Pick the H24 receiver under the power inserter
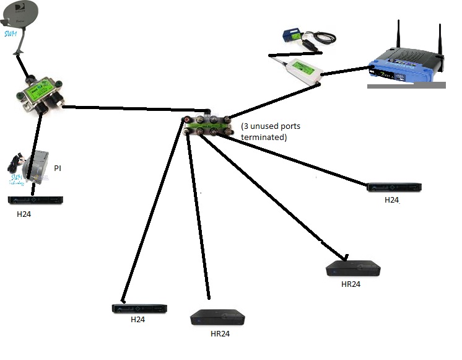[x=35, y=200]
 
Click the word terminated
[x=263, y=137]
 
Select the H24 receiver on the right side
[x=394, y=187]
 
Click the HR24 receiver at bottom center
[x=217, y=318]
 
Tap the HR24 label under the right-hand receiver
[x=351, y=284]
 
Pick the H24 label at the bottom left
[x=139, y=320]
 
